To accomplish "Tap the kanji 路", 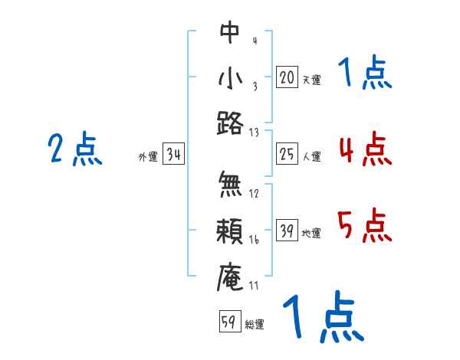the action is coord(230,123).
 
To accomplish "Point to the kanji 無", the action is coord(230,185).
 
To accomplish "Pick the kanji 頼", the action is coord(230,231).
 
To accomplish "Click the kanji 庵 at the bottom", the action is coord(230,277).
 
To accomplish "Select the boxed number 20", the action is coord(287,77).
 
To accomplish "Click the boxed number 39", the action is coord(287,231).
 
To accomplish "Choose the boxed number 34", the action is coord(173,155).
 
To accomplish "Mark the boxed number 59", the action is coord(229,322).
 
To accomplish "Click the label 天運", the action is coord(311,80).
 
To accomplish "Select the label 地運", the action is coord(311,234).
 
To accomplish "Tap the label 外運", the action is coord(148,157).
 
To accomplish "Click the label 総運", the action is coord(255,324).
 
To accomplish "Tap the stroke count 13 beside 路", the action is coord(254,132).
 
